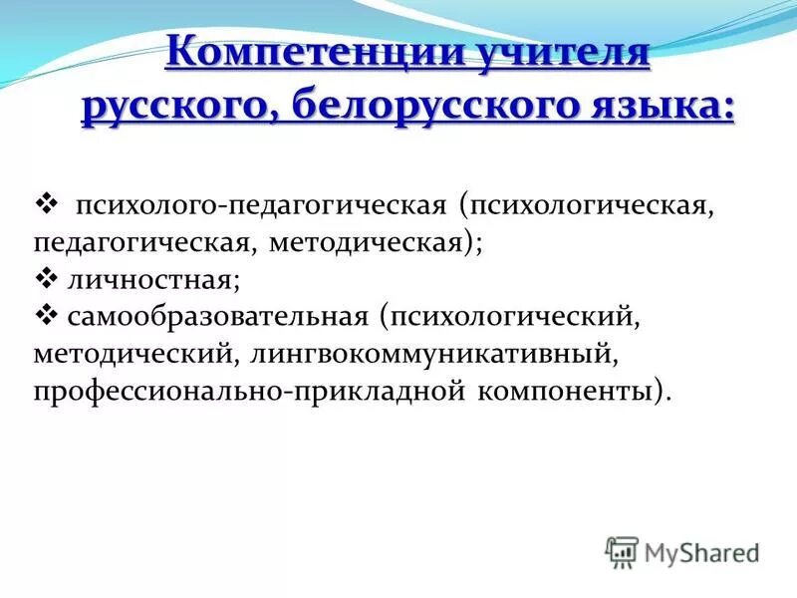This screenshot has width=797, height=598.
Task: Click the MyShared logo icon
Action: tap(622, 551)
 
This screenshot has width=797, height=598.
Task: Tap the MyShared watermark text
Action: tap(701, 551)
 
